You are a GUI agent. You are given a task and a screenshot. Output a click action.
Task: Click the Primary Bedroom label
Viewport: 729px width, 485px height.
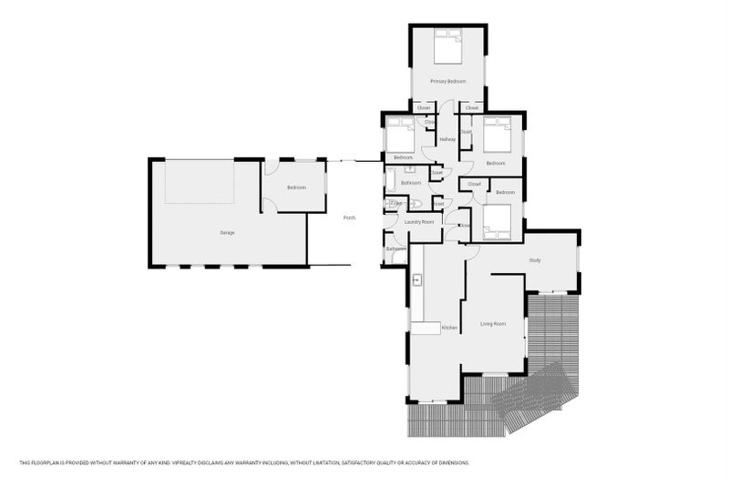[x=448, y=82]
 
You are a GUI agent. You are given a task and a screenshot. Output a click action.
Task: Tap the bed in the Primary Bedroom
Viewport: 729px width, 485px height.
[x=448, y=47]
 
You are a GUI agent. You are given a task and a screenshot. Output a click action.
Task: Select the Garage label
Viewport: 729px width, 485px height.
[x=227, y=233]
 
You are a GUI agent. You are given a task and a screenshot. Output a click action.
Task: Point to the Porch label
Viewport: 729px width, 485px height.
[x=349, y=217]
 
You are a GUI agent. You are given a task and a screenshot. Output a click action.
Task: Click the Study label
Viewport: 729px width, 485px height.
[x=535, y=261]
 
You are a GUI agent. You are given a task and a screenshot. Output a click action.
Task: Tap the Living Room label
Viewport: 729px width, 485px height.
[x=493, y=324]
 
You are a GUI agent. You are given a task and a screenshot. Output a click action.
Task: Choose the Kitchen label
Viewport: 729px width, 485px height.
[x=448, y=328]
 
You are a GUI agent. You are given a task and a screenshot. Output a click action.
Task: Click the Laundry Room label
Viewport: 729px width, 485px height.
[x=420, y=221]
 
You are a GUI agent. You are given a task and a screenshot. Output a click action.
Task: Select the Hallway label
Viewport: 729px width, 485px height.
[x=447, y=139]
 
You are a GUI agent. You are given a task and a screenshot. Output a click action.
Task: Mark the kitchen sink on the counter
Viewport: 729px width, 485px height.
[x=417, y=279]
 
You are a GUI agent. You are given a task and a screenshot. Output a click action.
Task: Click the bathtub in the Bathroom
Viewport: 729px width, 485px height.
[x=390, y=183]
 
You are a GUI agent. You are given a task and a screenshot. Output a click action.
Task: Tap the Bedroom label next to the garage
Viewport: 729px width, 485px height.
[x=296, y=187]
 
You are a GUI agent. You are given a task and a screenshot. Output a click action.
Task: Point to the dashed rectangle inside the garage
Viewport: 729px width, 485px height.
[x=200, y=181]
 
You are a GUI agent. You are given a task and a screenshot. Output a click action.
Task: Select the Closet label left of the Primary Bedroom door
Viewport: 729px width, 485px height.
[x=424, y=108]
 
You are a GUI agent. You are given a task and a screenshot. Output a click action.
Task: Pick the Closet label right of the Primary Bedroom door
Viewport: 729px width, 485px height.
[x=471, y=108]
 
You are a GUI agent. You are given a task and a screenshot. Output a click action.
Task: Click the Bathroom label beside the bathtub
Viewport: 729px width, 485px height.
[x=410, y=183]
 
